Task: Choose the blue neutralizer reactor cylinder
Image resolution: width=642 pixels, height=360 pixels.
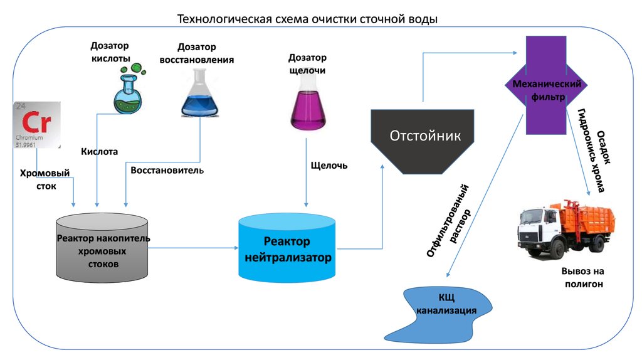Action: [287, 248]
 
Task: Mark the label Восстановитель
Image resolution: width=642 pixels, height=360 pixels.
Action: [167, 170]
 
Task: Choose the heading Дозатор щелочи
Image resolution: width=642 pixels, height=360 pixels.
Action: [307, 64]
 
